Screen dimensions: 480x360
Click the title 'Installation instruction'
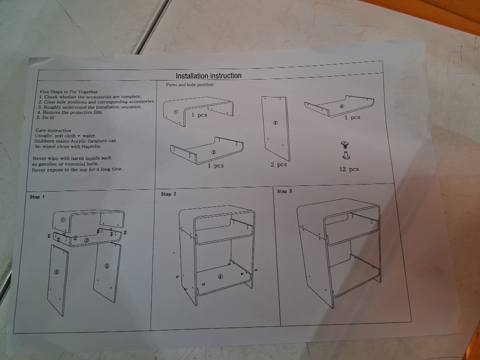click(x=208, y=75)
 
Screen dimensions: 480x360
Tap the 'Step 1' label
click(x=37, y=197)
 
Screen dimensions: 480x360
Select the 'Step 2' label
click(x=168, y=194)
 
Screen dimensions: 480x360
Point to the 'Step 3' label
click(x=284, y=191)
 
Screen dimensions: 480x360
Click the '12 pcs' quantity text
click(x=349, y=169)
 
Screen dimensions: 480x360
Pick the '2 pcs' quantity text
click(x=278, y=164)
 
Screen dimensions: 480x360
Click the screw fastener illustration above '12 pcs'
click(x=345, y=150)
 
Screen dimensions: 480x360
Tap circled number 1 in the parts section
click(x=175, y=112)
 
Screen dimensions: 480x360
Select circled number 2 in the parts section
click(x=213, y=152)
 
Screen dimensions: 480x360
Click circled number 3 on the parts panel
click(x=275, y=123)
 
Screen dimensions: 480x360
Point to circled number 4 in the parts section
click(x=342, y=106)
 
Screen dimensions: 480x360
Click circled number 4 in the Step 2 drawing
click(x=220, y=276)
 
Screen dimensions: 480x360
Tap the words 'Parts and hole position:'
click(x=190, y=84)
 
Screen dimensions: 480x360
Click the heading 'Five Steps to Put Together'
click(x=68, y=91)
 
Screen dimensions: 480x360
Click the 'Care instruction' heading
click(x=53, y=130)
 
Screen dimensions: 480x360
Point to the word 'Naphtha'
click(x=91, y=146)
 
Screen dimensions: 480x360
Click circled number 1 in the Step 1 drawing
click(x=63, y=220)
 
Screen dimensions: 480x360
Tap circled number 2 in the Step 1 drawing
click(x=86, y=240)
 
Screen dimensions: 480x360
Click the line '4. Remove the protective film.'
click(x=70, y=112)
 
